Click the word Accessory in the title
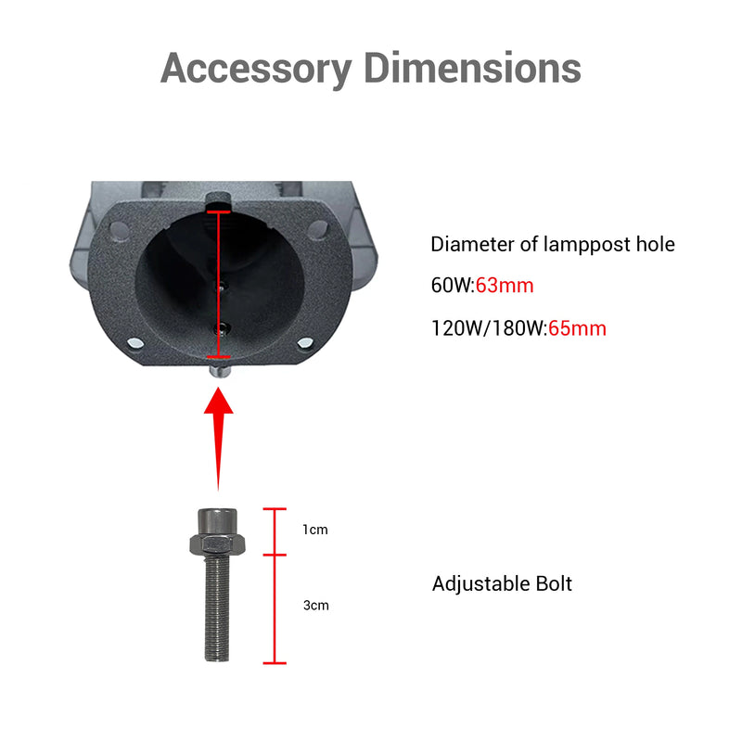tap(256, 70)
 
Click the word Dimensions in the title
tap(472, 68)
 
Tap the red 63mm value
tap(505, 286)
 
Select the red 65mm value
tap(577, 328)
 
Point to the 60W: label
tap(453, 286)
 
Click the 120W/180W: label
tap(490, 328)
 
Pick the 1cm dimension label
tap(315, 530)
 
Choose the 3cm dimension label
tap(316, 606)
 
